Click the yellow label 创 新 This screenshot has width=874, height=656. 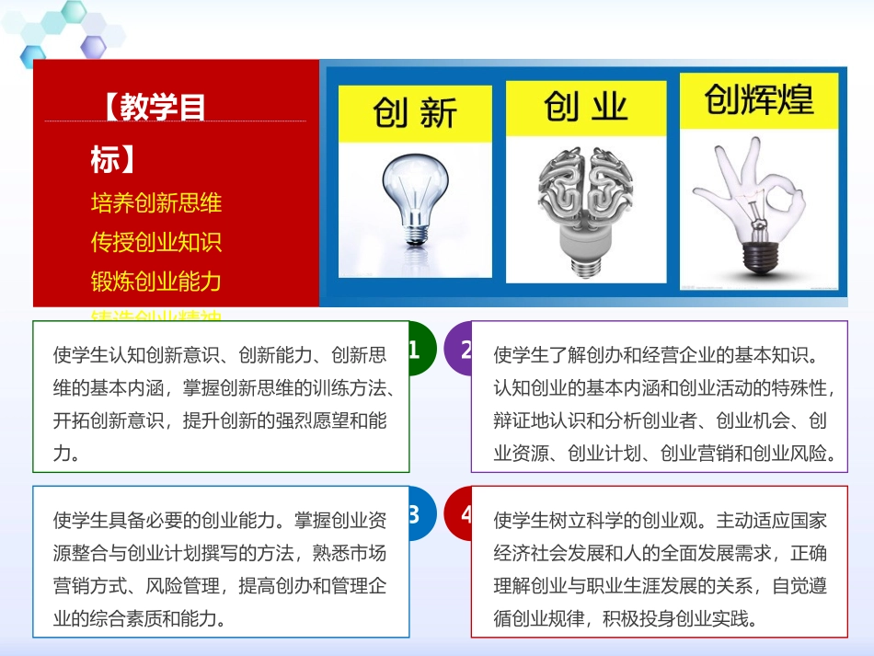point(415,114)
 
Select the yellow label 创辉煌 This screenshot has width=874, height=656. point(759,99)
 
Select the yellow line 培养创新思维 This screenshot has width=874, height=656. point(156,201)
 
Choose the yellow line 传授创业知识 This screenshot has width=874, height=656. point(156,241)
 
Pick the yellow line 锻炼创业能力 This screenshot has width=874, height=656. point(156,281)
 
